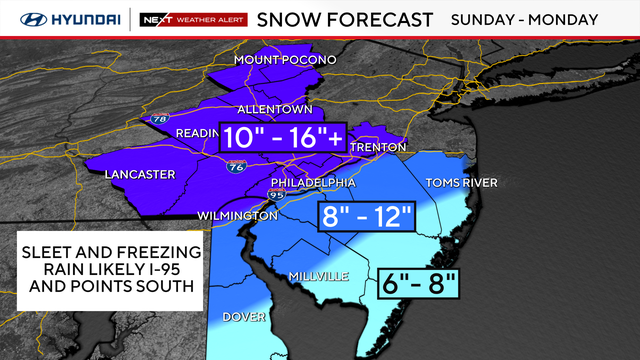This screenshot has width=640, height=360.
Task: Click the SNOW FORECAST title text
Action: (345, 19)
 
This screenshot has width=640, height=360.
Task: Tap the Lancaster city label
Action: (139, 175)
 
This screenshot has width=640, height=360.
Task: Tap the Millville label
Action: (317, 275)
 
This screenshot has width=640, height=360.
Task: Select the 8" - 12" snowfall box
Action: (364, 216)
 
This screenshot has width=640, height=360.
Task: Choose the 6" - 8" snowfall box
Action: (419, 284)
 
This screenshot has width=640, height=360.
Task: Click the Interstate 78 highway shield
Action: (159, 119)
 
